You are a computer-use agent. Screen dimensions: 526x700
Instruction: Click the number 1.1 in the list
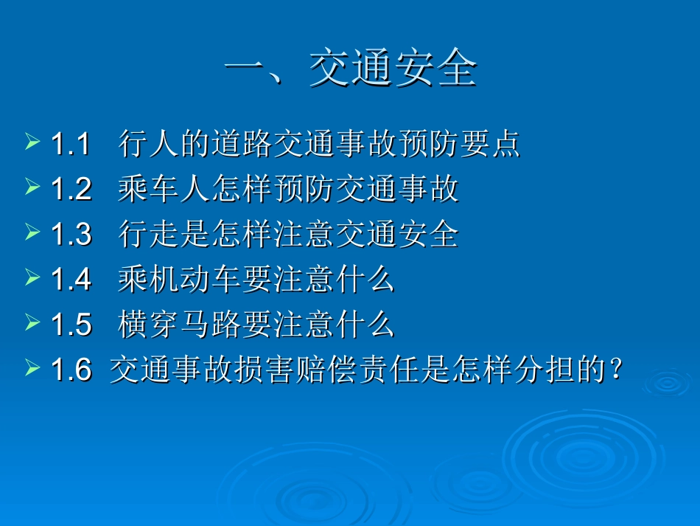[70, 145]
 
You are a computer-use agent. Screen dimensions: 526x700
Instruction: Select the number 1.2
[71, 190]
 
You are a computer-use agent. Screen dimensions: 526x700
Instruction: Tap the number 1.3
[71, 235]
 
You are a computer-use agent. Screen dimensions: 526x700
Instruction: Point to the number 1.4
[71, 280]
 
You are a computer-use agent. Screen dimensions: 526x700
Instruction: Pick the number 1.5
[71, 325]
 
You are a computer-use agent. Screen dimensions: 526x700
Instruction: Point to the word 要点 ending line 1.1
[497, 145]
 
